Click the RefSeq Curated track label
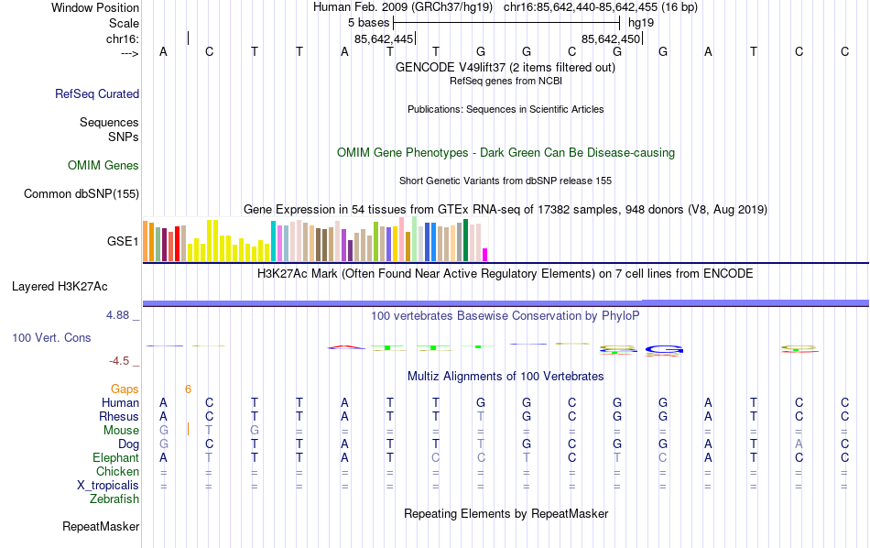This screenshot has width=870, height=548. coord(97,93)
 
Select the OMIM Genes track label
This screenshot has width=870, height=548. coord(103,166)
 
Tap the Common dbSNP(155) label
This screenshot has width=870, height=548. coord(82,193)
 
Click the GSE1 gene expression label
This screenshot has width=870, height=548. coord(123,242)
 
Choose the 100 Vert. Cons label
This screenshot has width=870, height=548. coord(51,338)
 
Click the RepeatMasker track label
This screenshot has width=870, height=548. coord(101,527)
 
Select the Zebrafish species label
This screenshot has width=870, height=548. coord(114,499)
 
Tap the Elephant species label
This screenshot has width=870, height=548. coord(115,458)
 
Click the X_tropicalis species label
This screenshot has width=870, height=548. coord(108,486)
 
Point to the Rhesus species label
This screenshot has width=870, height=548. coord(119,417)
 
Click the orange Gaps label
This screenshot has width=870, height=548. coord(125,389)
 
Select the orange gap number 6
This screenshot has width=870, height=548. coord(188,389)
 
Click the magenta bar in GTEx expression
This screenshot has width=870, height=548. coord(485,255)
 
